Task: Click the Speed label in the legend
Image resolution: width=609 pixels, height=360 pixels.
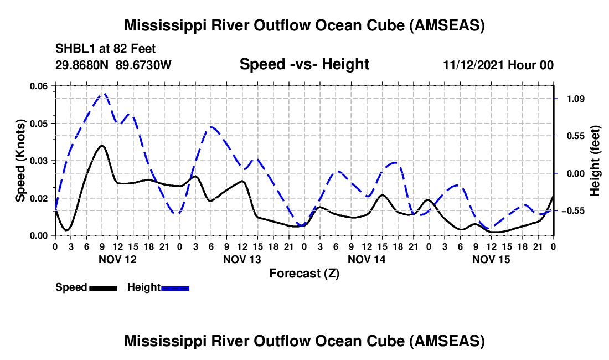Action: click(71, 287)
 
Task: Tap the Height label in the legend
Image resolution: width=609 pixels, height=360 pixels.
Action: click(143, 287)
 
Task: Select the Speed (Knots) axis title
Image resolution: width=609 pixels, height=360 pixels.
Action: click(20, 160)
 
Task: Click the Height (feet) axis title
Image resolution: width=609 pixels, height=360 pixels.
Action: click(595, 161)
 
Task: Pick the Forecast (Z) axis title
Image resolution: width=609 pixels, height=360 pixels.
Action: click(303, 273)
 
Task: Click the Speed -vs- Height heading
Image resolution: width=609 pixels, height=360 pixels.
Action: click(304, 64)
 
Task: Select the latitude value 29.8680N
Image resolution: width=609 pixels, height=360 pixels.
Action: click(82, 65)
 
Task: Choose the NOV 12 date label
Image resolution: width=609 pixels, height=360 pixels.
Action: click(117, 259)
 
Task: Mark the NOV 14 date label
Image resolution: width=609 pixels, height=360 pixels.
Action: click(366, 259)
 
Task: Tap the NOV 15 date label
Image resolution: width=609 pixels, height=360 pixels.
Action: click(491, 259)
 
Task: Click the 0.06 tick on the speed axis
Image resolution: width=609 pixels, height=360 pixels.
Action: click(39, 86)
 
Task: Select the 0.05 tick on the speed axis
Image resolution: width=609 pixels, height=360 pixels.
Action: click(39, 123)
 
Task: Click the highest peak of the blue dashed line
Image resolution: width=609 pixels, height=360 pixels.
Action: click(103, 94)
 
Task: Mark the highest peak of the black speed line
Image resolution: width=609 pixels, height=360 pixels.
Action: click(102, 145)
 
